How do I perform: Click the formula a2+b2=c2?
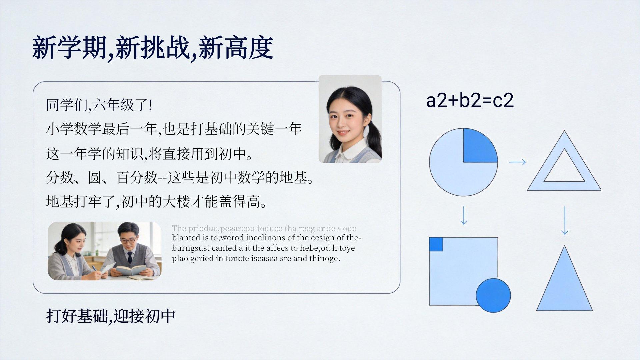coord(470,100)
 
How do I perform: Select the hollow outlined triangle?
coord(564,161)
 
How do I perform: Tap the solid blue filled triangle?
coord(564,278)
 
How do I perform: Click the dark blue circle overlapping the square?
coord(493,295)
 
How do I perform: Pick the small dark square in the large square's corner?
coord(436,244)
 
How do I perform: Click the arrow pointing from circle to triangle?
coord(517,162)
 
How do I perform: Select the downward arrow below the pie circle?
coord(464,215)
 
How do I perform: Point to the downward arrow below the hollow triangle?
coord(564,221)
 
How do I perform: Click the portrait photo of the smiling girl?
coord(350,119)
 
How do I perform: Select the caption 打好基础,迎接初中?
coord(111,316)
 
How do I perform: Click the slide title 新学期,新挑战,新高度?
coord(153,48)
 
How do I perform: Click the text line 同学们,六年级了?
coord(99,105)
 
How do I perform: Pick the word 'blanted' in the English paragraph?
coord(186,238)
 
